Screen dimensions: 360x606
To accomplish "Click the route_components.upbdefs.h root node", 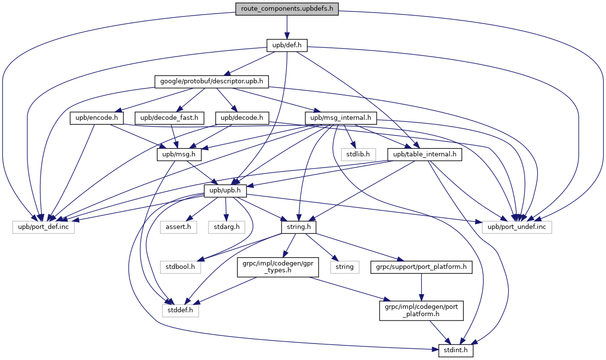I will [x=287, y=9].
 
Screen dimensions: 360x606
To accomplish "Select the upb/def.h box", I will [x=287, y=45].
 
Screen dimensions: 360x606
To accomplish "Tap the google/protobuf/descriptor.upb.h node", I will [x=211, y=81].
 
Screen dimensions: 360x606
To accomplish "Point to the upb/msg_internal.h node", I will [x=339, y=118].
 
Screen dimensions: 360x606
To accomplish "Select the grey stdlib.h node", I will [x=358, y=154].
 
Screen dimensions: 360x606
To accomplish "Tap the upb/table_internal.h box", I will [x=424, y=154].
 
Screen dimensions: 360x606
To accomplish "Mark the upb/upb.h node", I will [x=225, y=191].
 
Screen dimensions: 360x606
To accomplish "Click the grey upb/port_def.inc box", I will [x=44, y=227].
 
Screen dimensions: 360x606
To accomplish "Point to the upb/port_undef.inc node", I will [x=517, y=227].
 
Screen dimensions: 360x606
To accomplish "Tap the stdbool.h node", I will [x=179, y=267].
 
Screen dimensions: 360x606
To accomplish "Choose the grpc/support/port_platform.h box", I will [x=421, y=267].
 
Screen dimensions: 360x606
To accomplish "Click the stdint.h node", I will [x=456, y=351].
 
